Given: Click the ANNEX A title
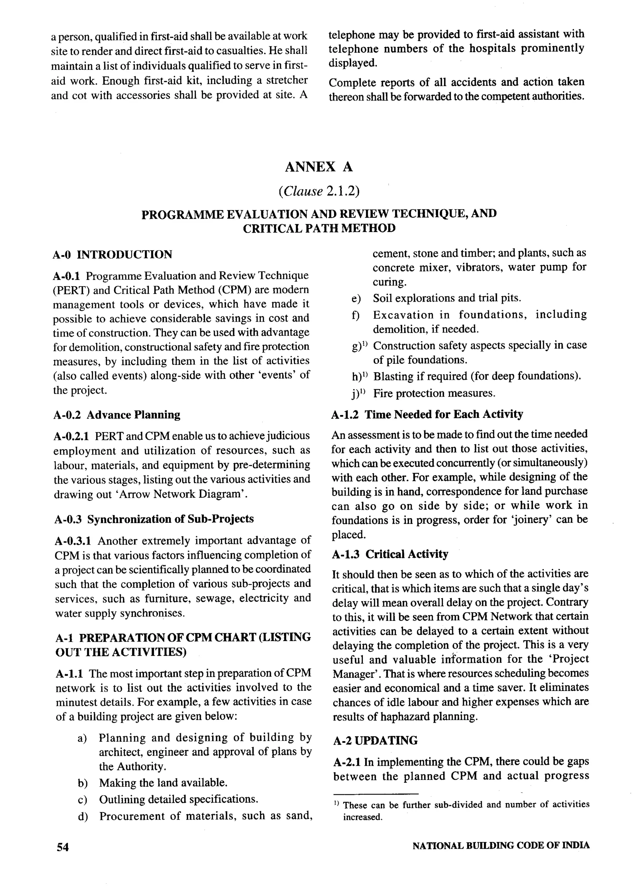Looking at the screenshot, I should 319,167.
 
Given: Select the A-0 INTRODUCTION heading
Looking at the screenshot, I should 112,255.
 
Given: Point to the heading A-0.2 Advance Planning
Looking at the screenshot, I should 117,414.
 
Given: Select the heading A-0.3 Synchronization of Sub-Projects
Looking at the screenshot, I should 154,519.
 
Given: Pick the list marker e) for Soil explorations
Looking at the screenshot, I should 356,298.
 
